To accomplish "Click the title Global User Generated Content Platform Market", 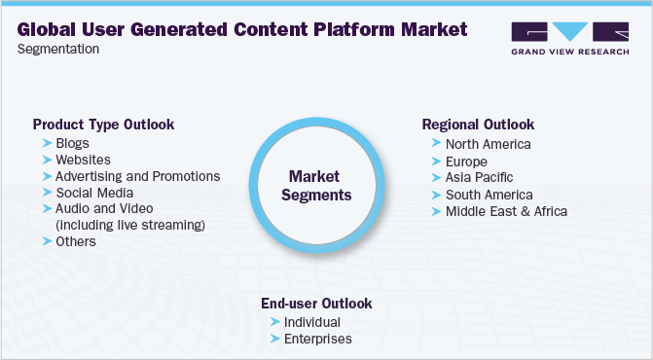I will coord(241,30).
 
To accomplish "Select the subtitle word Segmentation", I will coord(57,50).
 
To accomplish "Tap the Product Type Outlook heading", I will coord(103,126).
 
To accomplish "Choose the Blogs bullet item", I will coord(72,143).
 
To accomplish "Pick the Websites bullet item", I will coord(83,160).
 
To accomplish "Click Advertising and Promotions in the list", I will coord(137,176).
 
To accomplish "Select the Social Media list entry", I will coord(93,193).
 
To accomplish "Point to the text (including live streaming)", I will coord(130,226).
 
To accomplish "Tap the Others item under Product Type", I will coord(76,241).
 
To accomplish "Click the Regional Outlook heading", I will coord(478,126).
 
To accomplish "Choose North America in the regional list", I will coord(488,144).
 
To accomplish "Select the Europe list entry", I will coord(467,161).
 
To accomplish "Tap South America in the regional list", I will coord(489,195).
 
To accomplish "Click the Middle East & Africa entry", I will coord(505,211).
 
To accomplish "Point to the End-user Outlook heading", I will coord(316,304).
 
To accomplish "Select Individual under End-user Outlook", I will coord(311,322).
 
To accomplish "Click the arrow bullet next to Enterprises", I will coord(274,340).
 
